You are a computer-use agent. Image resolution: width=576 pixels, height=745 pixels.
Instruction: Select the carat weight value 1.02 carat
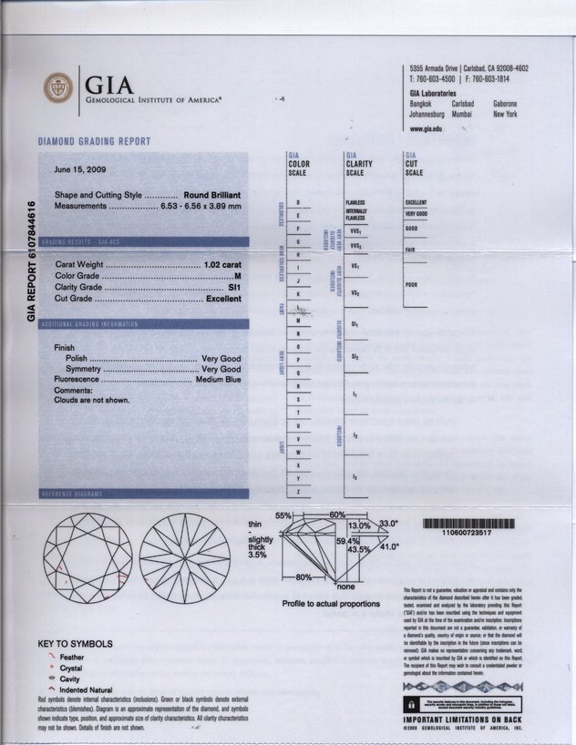(x=222, y=263)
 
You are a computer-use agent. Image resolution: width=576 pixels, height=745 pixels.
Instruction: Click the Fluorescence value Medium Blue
(x=218, y=380)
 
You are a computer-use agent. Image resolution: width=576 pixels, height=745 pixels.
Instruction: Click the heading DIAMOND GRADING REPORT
(x=94, y=142)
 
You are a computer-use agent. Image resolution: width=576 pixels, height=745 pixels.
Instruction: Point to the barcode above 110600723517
(x=470, y=525)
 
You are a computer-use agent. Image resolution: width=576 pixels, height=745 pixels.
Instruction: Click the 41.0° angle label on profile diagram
(x=390, y=547)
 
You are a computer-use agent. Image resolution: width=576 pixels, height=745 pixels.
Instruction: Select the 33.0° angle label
(x=389, y=523)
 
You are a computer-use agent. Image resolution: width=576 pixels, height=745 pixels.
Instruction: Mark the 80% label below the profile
(x=303, y=577)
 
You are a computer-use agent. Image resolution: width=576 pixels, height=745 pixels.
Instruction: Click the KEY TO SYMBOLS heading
(x=76, y=644)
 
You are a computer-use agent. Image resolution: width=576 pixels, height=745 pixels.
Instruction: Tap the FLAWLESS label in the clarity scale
(x=355, y=201)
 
